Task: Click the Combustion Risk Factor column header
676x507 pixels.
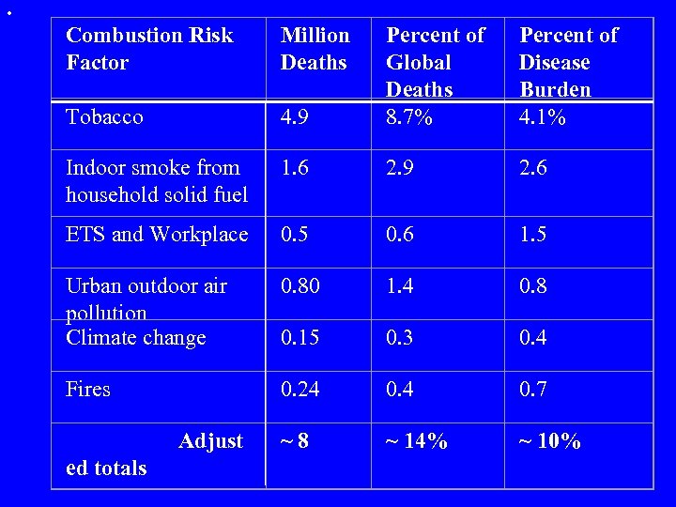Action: coord(149,49)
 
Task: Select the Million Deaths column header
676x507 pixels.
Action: coord(315,49)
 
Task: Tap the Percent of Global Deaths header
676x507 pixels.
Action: coord(436,62)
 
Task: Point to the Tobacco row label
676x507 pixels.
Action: coord(104,117)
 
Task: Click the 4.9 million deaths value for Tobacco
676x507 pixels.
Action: coord(296,117)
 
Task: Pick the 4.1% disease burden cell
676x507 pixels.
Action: coord(544,117)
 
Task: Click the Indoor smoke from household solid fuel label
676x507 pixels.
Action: coord(157,181)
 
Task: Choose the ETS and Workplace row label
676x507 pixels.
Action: coord(157,235)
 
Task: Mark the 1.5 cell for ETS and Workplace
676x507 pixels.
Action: coord(534,235)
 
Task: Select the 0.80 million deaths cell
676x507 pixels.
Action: coord(300,285)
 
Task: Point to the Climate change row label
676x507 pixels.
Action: coord(135,337)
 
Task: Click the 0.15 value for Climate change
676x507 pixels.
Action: coord(300,337)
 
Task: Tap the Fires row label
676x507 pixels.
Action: coord(88,389)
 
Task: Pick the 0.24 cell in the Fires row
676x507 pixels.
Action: coord(300,389)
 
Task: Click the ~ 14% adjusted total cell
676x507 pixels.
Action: coord(417,441)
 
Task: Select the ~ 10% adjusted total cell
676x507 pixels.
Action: coord(550,441)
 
